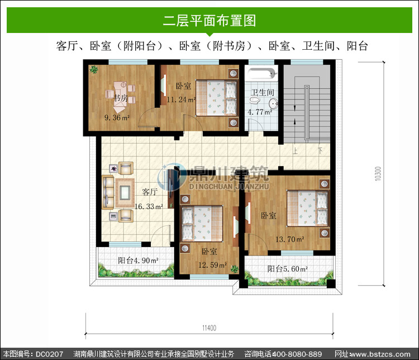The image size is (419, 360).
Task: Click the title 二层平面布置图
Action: pos(209,21)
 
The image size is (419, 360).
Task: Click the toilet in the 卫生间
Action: pos(255,100)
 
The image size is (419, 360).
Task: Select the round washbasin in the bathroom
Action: pos(273,103)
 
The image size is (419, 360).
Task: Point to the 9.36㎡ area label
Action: pos(117,117)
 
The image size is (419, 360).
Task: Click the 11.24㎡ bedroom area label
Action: pos(181,100)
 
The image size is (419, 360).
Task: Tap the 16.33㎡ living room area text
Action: pos(149,206)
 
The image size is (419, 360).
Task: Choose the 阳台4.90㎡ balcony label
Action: pos(138,260)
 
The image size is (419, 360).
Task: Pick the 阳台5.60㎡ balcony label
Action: pos(288,268)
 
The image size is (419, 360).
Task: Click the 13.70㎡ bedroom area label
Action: pos(289,239)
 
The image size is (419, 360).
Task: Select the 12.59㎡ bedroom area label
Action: pos(212,265)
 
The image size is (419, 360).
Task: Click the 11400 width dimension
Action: pos(209,328)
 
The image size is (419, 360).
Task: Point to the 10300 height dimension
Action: pos(378,174)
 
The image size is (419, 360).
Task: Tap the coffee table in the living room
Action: pos(125,192)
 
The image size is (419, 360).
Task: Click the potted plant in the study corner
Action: pos(93,70)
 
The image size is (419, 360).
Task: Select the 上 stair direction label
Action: pos(295,151)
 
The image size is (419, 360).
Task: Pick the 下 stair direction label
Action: pos(320,151)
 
